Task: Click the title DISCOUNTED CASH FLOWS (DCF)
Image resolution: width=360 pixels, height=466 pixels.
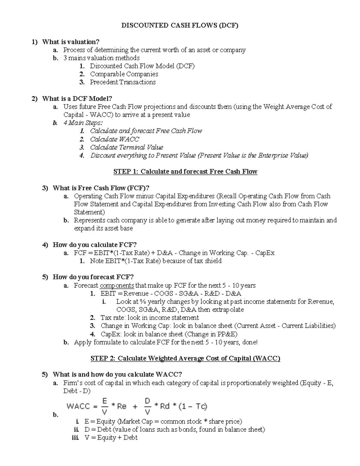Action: pyautogui.click(x=179, y=26)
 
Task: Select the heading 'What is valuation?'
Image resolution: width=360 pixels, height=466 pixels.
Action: pyautogui.click(x=70, y=42)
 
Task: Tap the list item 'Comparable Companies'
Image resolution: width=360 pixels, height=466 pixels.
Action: pyautogui.click(x=124, y=74)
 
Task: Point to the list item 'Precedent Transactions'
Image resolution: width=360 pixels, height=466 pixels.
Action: pyautogui.click(x=123, y=82)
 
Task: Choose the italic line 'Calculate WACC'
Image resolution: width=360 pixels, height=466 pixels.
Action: pyautogui.click(x=115, y=139)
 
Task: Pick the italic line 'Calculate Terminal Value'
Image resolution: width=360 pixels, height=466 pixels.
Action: pyautogui.click(x=126, y=147)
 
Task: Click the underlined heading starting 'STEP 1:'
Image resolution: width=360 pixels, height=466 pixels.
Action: pyautogui.click(x=185, y=172)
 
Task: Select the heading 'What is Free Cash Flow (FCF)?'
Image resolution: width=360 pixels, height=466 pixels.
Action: pyautogui.click(x=101, y=188)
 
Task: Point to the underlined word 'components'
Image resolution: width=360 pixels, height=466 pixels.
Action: pyautogui.click(x=117, y=285)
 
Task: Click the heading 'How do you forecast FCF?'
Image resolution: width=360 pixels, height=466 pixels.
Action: pyautogui.click(x=93, y=277)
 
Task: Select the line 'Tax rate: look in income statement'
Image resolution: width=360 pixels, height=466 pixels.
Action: pyautogui.click(x=149, y=318)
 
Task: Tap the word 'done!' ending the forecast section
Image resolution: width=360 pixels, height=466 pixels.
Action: pyautogui.click(x=250, y=342)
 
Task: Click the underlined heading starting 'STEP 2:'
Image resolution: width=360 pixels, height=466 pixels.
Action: pyautogui.click(x=185, y=359)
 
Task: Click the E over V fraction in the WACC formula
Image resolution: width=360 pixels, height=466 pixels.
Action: pyautogui.click(x=105, y=407)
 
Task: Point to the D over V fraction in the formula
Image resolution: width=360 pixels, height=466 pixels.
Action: pyautogui.click(x=147, y=407)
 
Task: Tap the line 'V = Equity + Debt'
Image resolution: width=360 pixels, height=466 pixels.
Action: pyautogui.click(x=111, y=438)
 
